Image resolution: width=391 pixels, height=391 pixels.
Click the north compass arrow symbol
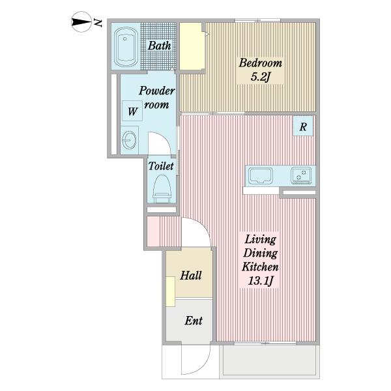tap(81, 22)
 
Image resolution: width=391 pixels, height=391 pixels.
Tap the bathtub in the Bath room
tap(125, 48)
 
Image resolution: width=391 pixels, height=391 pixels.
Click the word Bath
tap(160, 46)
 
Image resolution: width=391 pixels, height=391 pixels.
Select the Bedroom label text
tap(260, 63)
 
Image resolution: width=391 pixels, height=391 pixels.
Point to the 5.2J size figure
tap(260, 77)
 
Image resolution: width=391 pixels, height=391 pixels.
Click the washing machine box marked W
tap(132, 111)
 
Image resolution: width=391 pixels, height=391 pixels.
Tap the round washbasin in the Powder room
tap(130, 140)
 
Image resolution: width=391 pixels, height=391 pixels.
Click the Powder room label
tap(156, 97)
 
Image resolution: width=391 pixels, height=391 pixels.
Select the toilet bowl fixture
tap(162, 188)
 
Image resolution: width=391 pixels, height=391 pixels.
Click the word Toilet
tap(161, 166)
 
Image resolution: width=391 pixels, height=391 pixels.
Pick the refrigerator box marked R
tap(303, 126)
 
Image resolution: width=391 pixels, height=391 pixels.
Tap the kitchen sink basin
tap(261, 176)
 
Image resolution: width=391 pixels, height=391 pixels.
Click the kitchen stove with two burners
tap(301, 175)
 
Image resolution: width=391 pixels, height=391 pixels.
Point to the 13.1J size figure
tap(260, 282)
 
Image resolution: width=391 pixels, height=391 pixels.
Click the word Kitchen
tap(260, 267)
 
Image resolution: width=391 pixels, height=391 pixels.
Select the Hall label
tap(191, 276)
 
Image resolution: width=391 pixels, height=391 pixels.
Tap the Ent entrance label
tap(194, 321)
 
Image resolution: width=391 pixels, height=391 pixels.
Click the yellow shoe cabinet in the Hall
tap(171, 291)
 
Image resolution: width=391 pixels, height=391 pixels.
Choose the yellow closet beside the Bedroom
tap(191, 46)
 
